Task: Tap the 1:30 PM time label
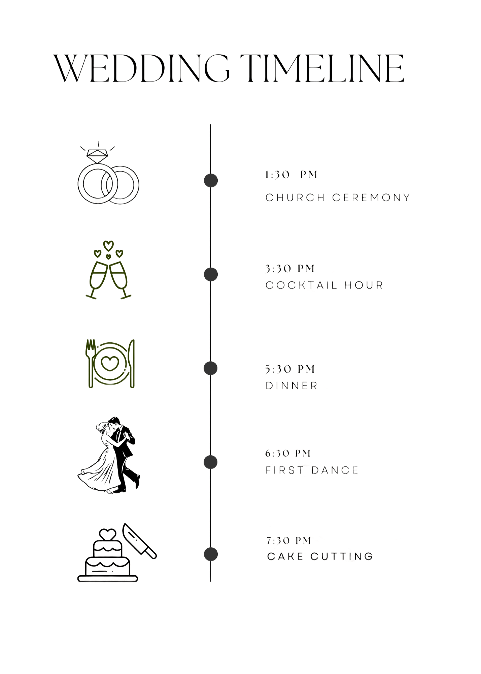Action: tap(291, 175)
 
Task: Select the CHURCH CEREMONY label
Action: tap(338, 197)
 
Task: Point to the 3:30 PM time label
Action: tap(290, 269)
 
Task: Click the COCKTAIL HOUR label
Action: tap(324, 285)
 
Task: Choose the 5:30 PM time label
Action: tap(290, 369)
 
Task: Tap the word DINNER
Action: tap(291, 386)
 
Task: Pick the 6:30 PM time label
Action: tap(288, 454)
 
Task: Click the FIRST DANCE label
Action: tap(312, 470)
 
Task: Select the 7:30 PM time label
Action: tap(288, 541)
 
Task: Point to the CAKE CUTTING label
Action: tap(320, 556)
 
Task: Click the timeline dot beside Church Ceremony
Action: tap(211, 180)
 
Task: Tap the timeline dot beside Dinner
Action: tap(211, 368)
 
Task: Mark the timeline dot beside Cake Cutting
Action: tap(211, 554)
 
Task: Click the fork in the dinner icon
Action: tap(91, 363)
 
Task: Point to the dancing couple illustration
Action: tap(109, 455)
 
